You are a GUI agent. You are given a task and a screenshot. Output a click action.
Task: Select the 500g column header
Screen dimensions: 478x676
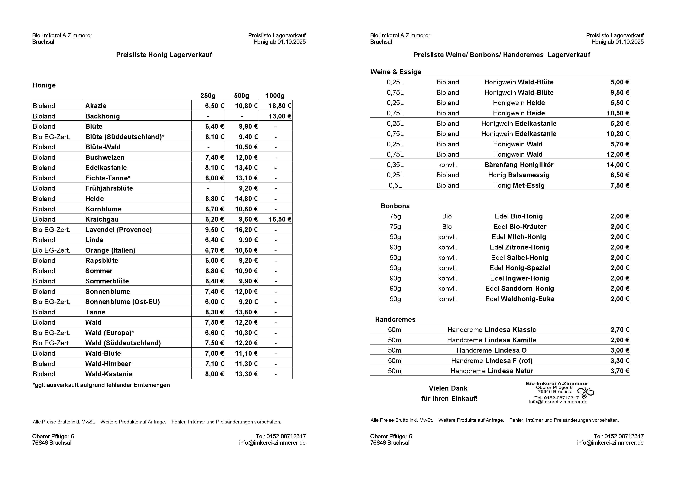click(x=241, y=96)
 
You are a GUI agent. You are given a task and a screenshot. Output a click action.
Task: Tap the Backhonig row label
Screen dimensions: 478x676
click(x=103, y=116)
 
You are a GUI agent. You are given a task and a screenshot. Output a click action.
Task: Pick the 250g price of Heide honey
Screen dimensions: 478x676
click(x=214, y=199)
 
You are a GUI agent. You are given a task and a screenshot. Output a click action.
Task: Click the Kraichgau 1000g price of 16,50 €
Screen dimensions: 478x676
click(x=280, y=219)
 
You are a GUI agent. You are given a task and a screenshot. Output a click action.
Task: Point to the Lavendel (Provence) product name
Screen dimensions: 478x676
click(x=118, y=230)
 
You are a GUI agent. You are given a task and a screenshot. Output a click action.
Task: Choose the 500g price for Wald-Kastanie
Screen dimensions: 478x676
click(x=246, y=374)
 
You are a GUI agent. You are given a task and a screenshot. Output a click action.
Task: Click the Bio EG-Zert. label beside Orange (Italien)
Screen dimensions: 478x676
click(x=51, y=250)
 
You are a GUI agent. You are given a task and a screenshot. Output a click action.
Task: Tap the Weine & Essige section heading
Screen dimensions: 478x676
click(x=395, y=72)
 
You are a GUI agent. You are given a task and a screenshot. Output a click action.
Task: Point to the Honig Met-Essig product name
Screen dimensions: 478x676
click(x=519, y=185)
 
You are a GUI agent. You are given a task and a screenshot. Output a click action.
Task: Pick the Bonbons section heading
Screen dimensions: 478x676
click(x=395, y=206)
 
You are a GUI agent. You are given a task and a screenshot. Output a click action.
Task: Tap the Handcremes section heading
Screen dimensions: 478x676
click(x=395, y=320)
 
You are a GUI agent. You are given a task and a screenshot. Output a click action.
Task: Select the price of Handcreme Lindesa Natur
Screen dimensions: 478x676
click(x=620, y=371)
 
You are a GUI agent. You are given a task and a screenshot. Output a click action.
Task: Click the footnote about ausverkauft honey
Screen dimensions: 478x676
click(x=101, y=385)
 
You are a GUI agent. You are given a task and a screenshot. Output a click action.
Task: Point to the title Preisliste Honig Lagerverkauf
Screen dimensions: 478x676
click(x=164, y=55)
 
